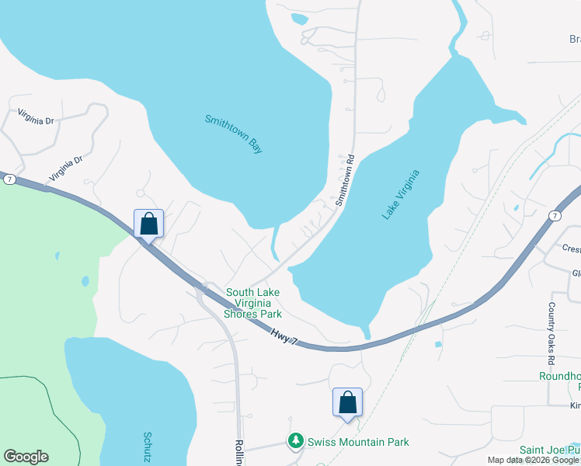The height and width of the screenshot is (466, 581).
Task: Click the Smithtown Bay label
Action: click(234, 134)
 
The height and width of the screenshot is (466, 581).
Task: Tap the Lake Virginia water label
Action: click(401, 194)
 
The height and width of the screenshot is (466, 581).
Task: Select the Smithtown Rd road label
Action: click(345, 180)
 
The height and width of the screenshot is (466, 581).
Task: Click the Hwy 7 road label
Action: click(284, 336)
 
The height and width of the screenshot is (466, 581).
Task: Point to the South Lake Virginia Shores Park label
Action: click(253, 304)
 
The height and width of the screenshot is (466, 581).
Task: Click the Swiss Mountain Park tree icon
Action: click(295, 441)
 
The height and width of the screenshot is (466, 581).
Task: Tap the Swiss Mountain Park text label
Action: click(358, 442)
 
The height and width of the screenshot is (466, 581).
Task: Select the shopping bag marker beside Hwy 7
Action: click(148, 224)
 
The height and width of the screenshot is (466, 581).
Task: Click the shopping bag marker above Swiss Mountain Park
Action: click(347, 402)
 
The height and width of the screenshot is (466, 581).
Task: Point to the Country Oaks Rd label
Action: click(551, 335)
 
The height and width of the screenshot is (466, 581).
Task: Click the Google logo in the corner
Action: click(26, 457)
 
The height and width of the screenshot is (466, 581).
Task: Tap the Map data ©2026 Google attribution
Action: click(534, 460)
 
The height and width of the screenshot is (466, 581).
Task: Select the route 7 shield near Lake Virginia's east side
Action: click(554, 214)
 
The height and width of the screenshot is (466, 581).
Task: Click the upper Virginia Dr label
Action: click(37, 120)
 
